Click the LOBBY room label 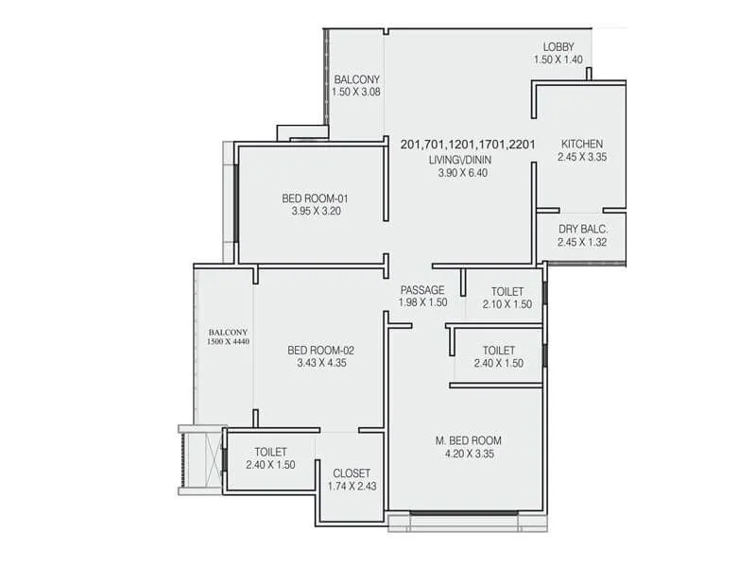pos(558,47)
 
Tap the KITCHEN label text pos(581,145)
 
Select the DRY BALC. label pos(581,230)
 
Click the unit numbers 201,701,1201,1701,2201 pos(468,145)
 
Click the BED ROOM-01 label pos(316,198)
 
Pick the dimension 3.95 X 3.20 pos(316,212)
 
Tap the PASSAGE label pos(421,290)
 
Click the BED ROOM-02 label pos(320,350)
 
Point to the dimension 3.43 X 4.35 pos(320,363)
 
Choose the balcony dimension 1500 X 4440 pos(228,342)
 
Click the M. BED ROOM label pos(468,440)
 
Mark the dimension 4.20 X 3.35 pos(468,454)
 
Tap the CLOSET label pos(352,473)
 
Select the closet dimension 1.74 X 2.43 pos(352,487)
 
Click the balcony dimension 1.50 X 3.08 pos(356,92)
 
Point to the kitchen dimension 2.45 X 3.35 pos(581,158)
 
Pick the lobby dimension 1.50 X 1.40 pos(558,60)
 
